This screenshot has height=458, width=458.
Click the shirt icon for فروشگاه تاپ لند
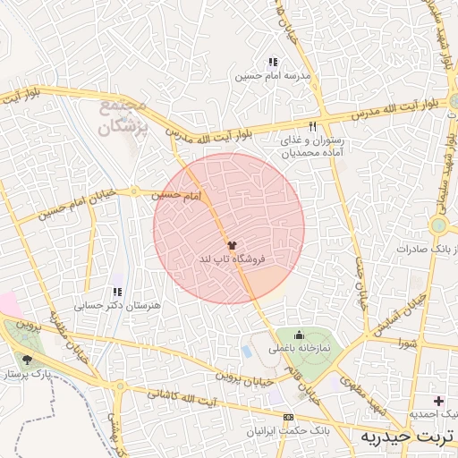click(233, 243)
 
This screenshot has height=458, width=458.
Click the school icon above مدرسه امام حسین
click(273, 63)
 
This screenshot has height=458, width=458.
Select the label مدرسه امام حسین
click(273, 77)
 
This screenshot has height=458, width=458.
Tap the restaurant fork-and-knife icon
click(312, 127)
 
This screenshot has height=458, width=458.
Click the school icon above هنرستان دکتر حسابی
click(117, 292)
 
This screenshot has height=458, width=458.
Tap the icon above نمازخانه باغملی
click(298, 335)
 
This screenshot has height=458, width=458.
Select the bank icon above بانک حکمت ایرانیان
click(288, 418)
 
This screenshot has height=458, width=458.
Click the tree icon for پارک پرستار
click(28, 360)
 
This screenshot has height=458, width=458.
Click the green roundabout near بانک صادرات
click(438, 225)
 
